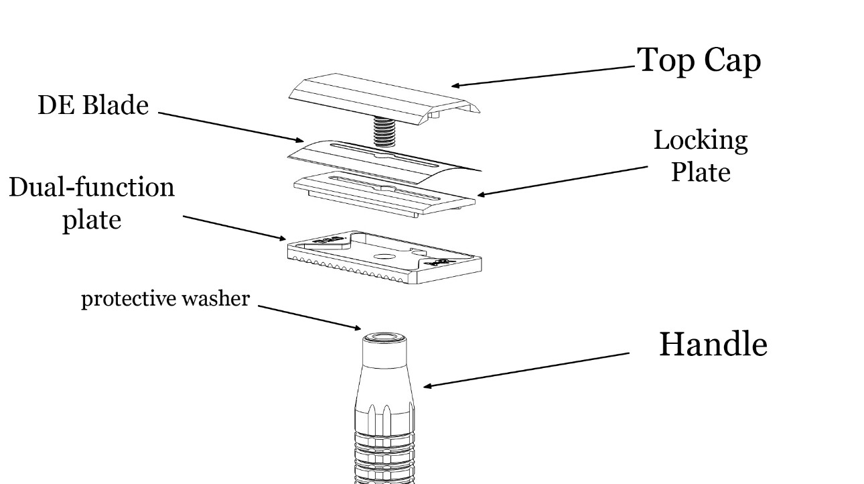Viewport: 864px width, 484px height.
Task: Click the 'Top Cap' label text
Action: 699,60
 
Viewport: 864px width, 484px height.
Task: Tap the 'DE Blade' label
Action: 93,105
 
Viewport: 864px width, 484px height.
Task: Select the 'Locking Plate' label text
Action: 700,156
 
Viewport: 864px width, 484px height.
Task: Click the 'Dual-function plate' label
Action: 92,203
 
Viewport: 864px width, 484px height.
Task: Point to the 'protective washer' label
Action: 165,299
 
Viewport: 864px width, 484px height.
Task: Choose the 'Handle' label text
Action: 713,344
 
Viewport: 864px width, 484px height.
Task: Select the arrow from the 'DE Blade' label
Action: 231,127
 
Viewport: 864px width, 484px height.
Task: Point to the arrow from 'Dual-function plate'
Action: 234,227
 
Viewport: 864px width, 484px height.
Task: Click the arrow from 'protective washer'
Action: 308,318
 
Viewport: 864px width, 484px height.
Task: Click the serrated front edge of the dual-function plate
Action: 355,276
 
